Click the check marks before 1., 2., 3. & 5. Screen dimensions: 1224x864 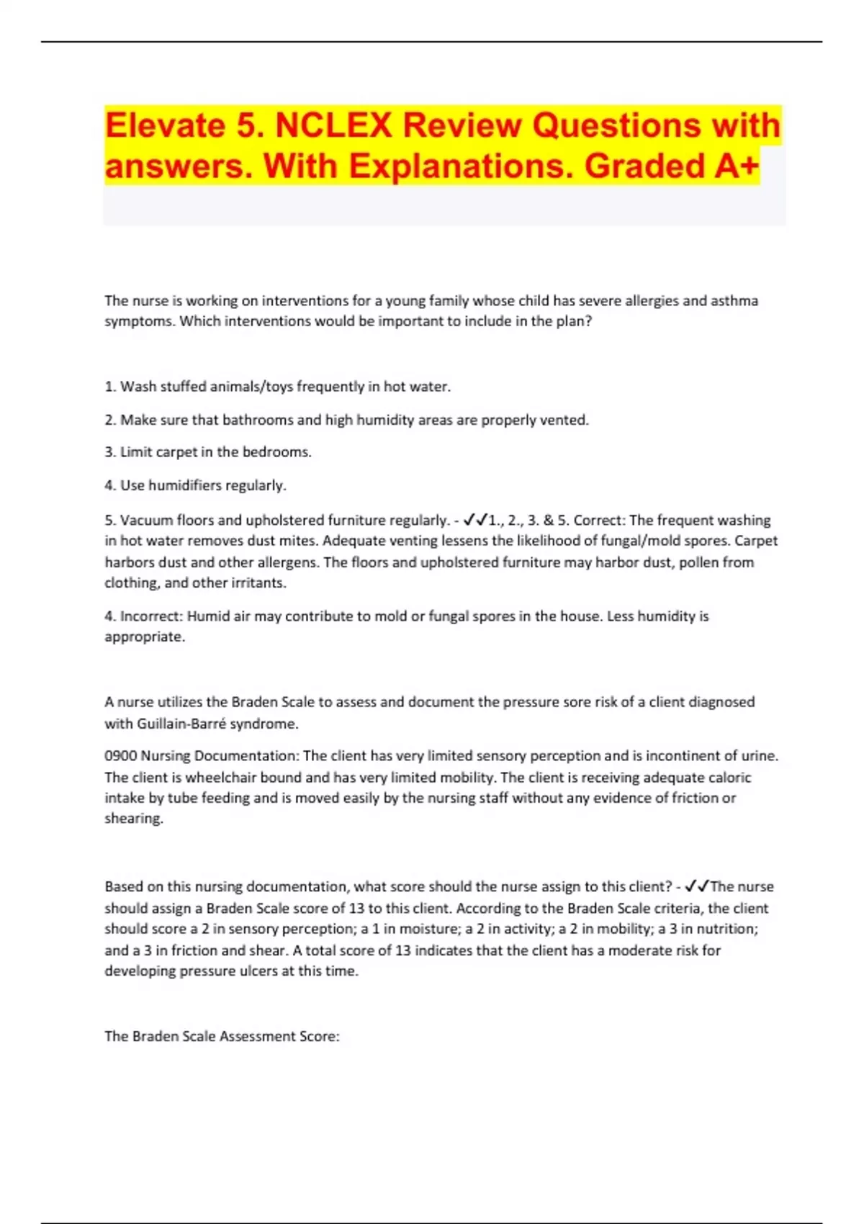tap(476, 520)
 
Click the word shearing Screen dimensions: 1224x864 tap(133, 819)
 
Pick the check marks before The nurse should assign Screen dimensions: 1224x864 tap(697, 887)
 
